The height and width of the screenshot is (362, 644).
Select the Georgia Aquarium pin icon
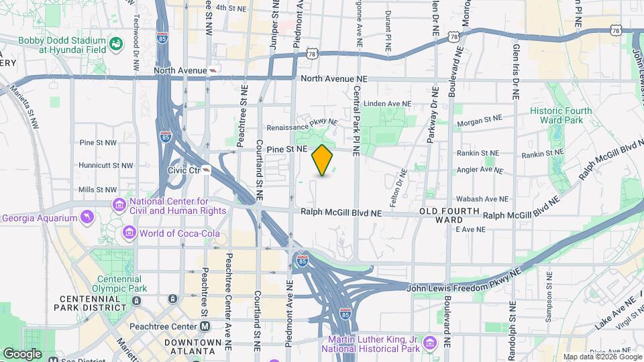87,217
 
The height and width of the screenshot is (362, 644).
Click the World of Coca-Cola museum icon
129,233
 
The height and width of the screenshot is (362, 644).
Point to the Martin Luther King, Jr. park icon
429,343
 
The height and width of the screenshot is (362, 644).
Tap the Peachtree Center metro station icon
205,326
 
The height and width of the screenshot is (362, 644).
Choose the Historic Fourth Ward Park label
561,115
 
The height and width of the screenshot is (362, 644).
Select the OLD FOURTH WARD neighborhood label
449,215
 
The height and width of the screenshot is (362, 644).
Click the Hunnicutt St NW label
106,165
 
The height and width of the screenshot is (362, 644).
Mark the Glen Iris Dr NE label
515,72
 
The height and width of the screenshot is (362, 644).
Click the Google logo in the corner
23,353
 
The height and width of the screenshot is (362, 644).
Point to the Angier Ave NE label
479,171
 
